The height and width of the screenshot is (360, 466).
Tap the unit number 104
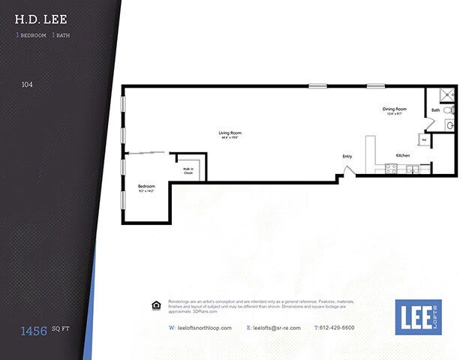[27, 85]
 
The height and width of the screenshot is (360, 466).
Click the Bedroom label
[146, 187]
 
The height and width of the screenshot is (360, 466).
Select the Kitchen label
[403, 155]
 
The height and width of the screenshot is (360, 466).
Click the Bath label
[435, 111]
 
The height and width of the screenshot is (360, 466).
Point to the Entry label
[347, 156]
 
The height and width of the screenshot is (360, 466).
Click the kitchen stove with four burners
[391, 169]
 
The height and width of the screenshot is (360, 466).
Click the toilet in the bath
[449, 110]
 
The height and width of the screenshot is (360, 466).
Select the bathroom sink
[449, 125]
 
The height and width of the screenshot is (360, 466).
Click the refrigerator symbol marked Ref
[424, 140]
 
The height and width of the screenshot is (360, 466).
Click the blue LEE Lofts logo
[418, 316]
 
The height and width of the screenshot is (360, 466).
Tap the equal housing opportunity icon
[156, 305]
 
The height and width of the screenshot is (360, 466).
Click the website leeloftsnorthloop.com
[200, 328]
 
